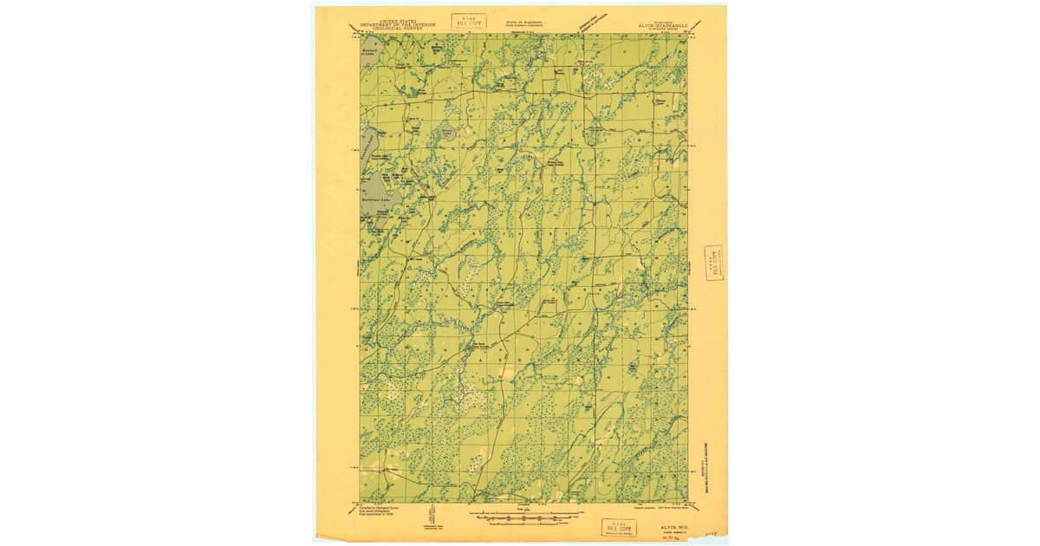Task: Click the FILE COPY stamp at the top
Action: click(469, 22)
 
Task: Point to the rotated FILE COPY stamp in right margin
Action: click(715, 263)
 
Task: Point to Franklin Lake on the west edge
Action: click(367, 147)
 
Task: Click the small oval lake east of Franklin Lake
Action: click(447, 132)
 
